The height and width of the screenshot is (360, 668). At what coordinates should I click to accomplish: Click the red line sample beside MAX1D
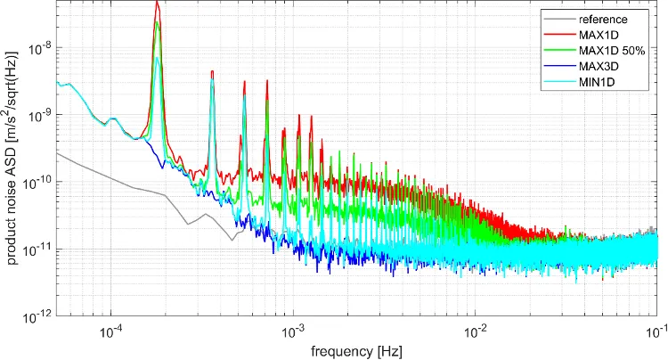561,35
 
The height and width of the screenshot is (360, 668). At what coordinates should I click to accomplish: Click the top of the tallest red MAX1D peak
157,3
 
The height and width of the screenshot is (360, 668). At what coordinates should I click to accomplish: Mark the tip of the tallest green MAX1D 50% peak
158,22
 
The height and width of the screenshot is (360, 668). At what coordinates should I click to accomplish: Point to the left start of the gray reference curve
57,153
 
